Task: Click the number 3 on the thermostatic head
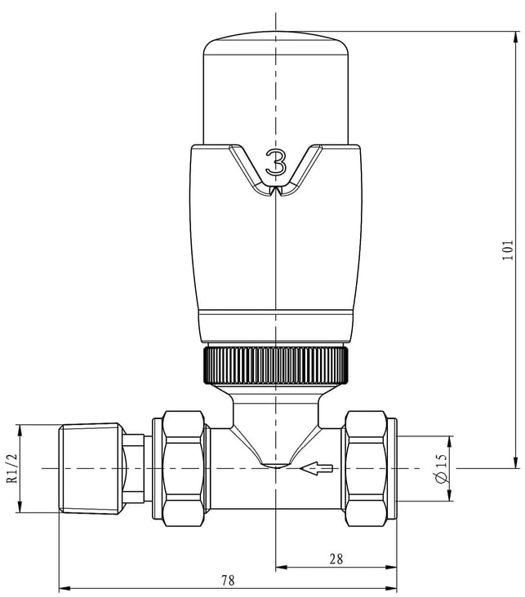point(276,162)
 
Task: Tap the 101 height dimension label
point(507,250)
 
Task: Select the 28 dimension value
point(336,559)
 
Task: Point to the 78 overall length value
point(228,580)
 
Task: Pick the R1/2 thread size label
point(12,468)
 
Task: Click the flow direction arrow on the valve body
point(316,468)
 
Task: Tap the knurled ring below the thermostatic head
point(276,365)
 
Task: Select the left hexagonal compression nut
point(183,468)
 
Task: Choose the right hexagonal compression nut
point(366,468)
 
